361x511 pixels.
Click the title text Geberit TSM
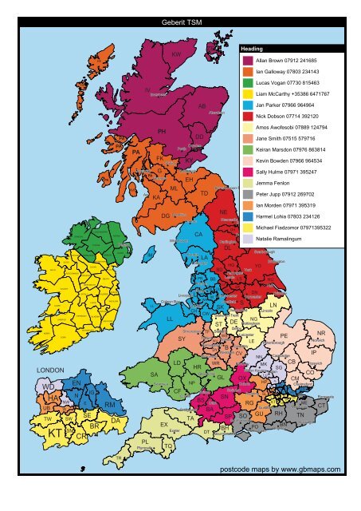pyautogui.click(x=181, y=22)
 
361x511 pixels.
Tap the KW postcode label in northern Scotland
pyautogui.click(x=176, y=54)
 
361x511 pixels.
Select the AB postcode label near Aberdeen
pyautogui.click(x=202, y=106)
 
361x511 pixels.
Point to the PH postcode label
pyautogui.click(x=163, y=131)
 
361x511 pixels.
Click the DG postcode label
pyautogui.click(x=166, y=216)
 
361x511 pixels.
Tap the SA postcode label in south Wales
pyautogui.click(x=144, y=373)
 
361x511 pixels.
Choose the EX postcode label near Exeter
pyautogui.click(x=163, y=425)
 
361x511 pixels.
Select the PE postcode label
pyautogui.click(x=284, y=337)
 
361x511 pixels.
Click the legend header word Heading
pyautogui.click(x=252, y=49)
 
